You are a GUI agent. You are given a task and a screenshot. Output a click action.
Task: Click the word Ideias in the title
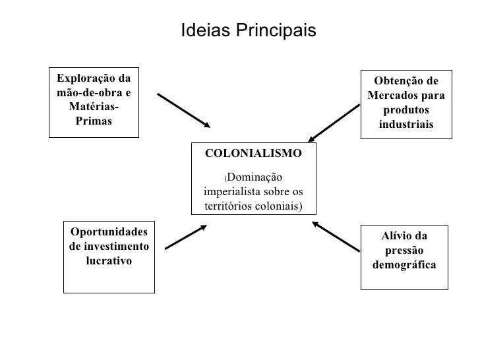point(202,31)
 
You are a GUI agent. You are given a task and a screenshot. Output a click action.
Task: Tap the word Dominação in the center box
point(256,178)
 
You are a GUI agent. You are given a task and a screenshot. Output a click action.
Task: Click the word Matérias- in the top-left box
point(94,107)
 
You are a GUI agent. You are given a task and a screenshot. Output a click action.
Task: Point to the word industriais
point(406,125)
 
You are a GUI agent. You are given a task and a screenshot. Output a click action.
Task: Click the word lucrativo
point(109,260)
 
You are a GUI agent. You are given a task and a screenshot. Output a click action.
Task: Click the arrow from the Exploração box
point(183,109)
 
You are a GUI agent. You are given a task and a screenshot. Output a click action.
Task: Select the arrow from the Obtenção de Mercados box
point(334,121)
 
